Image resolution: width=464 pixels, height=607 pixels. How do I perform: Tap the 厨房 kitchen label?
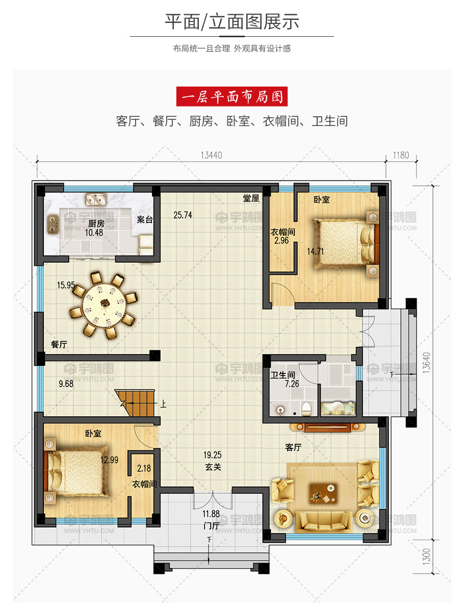[96, 223]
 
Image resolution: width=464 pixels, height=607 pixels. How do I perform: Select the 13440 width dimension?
[211, 155]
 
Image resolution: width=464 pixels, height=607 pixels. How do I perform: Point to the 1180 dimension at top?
[401, 155]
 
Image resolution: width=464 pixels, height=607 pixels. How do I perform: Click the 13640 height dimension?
[426, 362]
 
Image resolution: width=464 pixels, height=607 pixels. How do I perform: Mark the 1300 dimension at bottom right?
[426, 557]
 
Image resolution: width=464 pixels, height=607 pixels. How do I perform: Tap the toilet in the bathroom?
[306, 408]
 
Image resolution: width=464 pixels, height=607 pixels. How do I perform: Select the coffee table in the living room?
[323, 493]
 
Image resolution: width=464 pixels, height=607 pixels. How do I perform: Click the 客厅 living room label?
[293, 447]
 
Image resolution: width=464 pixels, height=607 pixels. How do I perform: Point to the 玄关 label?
[213, 467]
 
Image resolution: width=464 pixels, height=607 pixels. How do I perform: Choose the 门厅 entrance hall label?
[211, 525]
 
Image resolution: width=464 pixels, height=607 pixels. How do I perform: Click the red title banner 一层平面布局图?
[232, 96]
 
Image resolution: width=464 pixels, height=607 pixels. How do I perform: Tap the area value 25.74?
[183, 215]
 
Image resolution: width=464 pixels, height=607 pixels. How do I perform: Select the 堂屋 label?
[251, 198]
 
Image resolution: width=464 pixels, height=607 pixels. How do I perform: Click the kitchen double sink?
[95, 200]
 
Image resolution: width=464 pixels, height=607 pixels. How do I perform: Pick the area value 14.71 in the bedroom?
[316, 251]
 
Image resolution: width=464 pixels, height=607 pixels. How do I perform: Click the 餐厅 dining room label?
[59, 344]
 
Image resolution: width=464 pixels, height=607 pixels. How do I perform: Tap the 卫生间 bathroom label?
[282, 375]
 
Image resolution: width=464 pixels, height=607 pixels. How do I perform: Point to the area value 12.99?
[109, 460]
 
